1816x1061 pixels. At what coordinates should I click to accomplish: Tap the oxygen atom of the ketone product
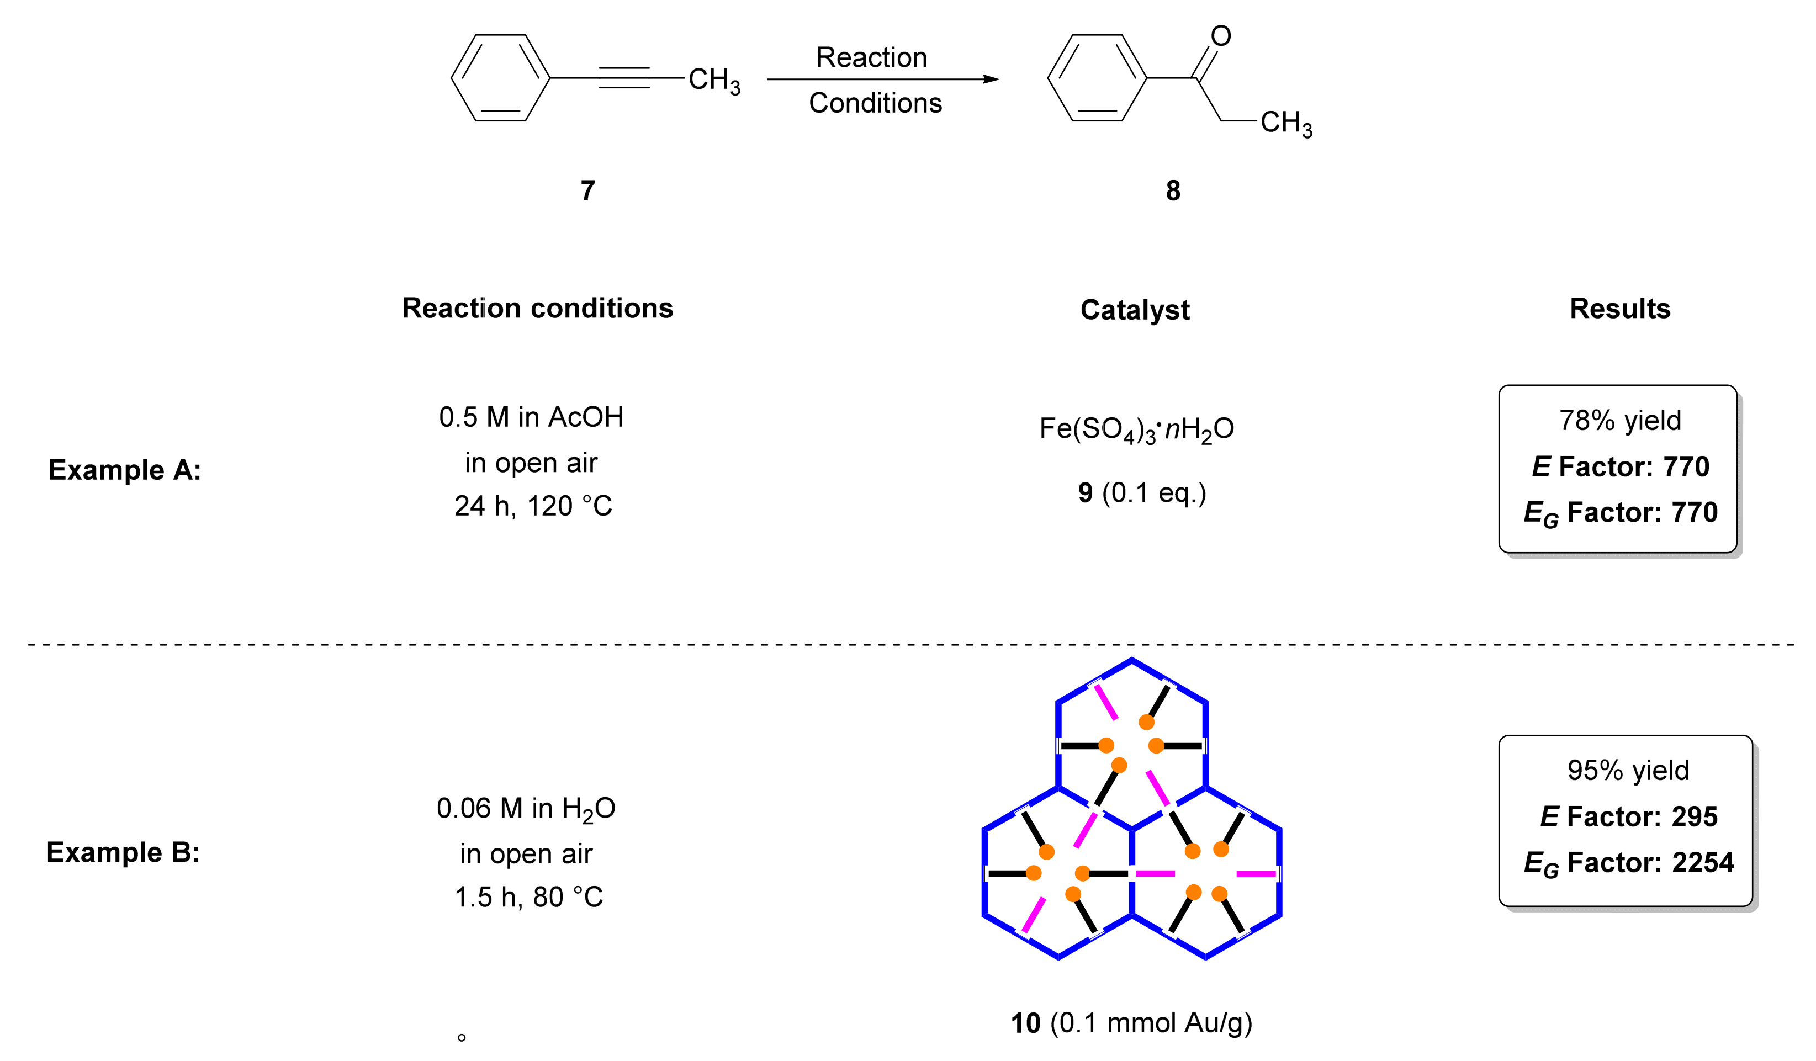coord(1220,35)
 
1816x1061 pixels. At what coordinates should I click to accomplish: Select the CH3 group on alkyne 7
coord(713,80)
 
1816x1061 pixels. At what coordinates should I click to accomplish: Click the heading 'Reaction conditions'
coord(538,308)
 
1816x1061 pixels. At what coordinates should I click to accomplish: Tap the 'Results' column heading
coord(1619,308)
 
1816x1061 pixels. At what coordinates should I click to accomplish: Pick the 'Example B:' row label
coord(123,852)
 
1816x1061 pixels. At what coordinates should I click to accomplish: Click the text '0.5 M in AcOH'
coord(531,417)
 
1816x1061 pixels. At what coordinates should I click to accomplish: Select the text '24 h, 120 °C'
coord(533,506)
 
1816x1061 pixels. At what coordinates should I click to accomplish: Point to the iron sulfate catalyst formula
coord(1136,429)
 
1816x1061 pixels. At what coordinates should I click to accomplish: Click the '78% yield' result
coord(1619,420)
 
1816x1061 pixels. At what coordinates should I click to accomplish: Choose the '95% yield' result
coord(1628,770)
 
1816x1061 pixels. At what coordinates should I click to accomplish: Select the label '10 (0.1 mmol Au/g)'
coord(1131,1023)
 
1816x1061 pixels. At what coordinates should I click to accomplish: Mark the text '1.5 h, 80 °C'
coord(528,897)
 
